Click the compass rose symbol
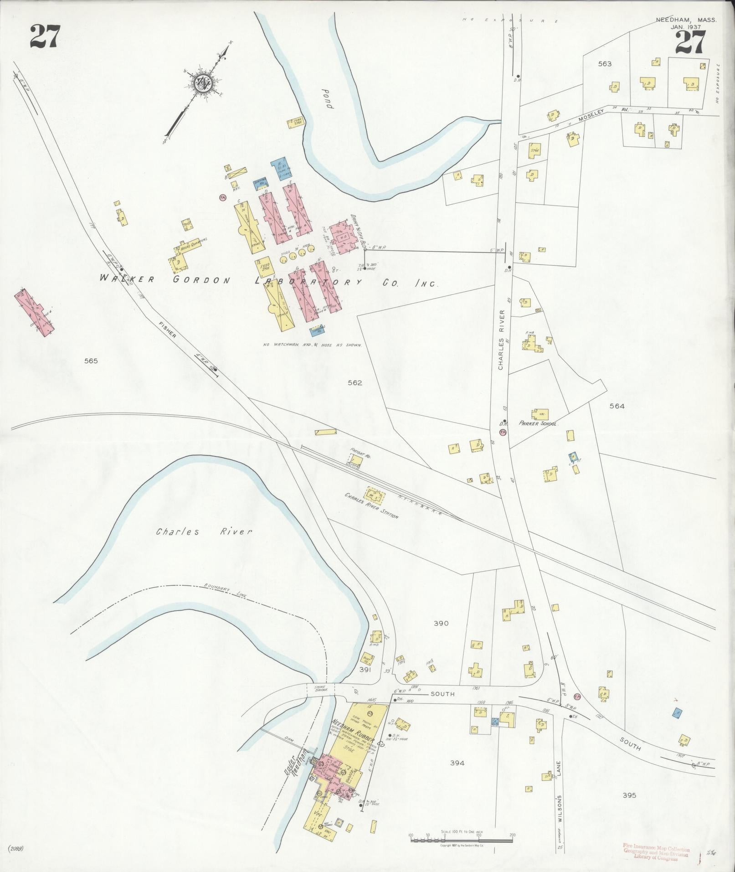(x=202, y=83)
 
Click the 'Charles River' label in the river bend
(x=204, y=531)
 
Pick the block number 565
(x=91, y=361)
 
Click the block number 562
(x=355, y=383)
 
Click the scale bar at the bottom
(x=461, y=839)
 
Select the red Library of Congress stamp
(x=656, y=851)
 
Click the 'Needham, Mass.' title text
(x=686, y=20)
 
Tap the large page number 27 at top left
(x=45, y=37)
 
